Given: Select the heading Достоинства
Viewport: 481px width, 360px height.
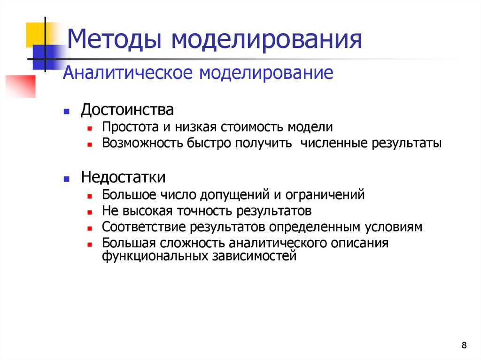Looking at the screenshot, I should coord(127,111).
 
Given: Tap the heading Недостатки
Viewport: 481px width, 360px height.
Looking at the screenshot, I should coord(123,177).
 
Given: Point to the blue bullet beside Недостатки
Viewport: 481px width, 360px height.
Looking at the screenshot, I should coord(67,179).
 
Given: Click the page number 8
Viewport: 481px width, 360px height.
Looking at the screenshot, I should coord(464,346).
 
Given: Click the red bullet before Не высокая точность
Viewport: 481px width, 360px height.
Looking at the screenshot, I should coord(89,211).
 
